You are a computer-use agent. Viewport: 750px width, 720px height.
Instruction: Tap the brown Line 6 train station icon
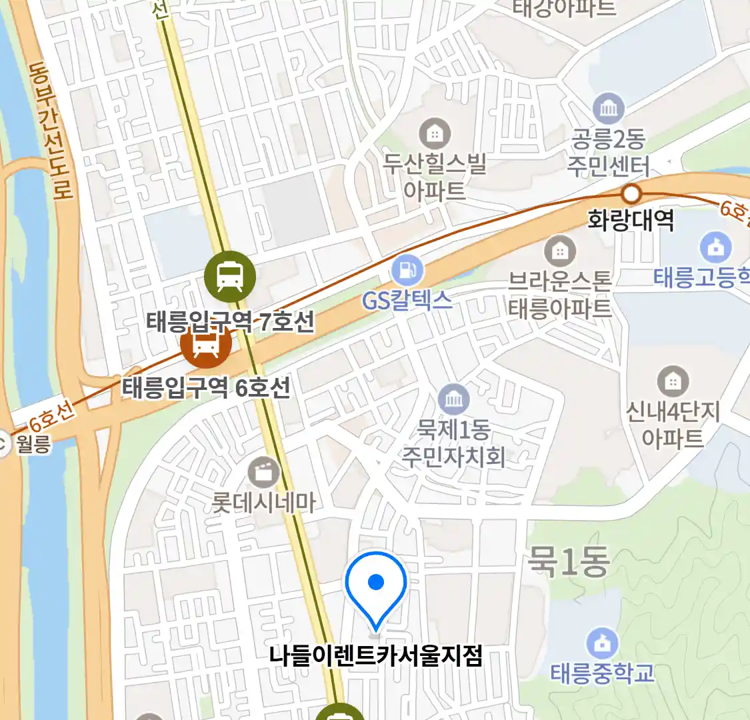point(206,344)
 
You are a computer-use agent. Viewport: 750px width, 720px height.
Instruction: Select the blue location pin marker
point(376,585)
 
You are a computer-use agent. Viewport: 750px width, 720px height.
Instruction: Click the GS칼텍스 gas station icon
point(407,270)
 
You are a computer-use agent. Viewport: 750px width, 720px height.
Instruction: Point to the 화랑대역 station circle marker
point(631,194)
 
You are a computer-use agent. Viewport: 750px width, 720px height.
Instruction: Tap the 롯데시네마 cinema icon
point(264,473)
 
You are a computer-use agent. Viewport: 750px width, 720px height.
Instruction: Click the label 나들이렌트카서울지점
point(375,656)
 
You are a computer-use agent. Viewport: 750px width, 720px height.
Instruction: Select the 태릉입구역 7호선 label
point(230,323)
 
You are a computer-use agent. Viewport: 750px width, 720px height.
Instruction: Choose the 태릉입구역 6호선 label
point(206,387)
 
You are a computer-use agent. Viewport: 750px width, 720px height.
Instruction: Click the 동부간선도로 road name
point(50,130)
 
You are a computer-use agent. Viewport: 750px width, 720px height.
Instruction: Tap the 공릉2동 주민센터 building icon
point(608,109)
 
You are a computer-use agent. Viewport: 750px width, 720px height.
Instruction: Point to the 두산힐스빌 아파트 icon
point(435,134)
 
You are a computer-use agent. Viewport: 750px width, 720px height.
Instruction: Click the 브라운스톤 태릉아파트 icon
point(560,251)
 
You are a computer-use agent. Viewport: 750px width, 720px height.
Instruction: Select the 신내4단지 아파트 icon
point(673,382)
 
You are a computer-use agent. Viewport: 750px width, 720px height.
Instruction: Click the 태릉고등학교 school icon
point(715,247)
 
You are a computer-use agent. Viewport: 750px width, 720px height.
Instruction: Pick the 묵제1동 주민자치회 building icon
point(454,400)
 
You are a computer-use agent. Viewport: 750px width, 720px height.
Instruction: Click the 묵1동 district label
point(568,561)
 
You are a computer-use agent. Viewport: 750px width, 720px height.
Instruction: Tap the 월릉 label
point(33,444)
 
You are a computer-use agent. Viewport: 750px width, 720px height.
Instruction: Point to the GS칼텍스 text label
point(407,301)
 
